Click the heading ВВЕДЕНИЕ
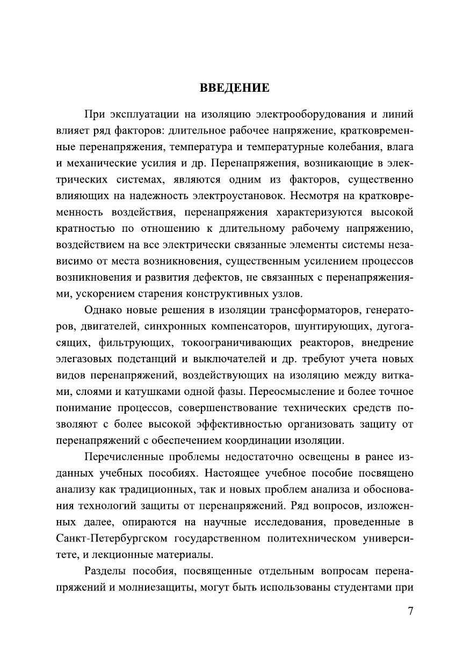[235, 87]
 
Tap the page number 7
[410, 611]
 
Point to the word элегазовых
[85, 358]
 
